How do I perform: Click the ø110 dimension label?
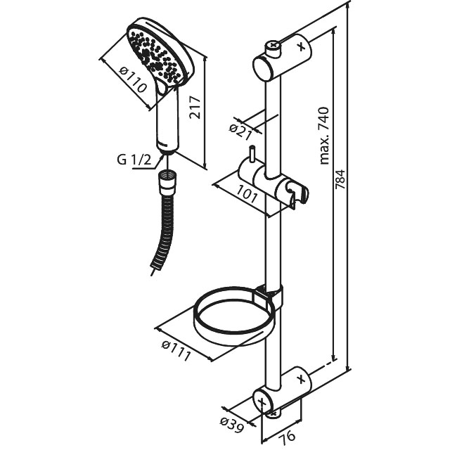click(134, 80)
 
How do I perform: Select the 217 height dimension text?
click(197, 107)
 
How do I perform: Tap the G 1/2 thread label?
click(134, 160)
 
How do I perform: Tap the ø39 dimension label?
click(231, 423)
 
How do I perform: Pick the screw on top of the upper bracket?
click(272, 49)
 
